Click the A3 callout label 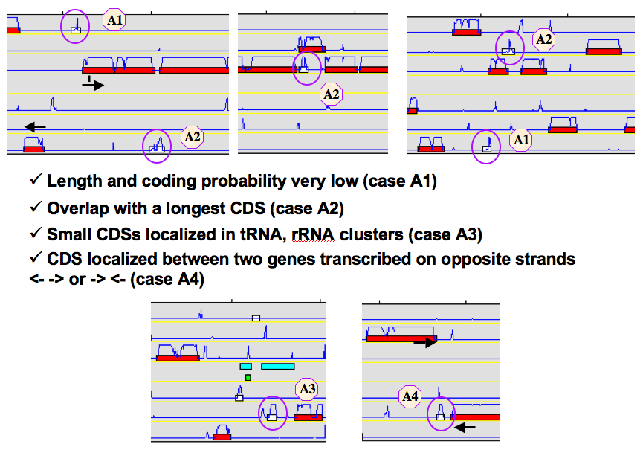pyautogui.click(x=307, y=388)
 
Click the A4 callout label pyautogui.click(x=410, y=396)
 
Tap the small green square pyautogui.click(x=248, y=377)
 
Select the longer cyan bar pyautogui.click(x=277, y=366)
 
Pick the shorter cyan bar pyautogui.click(x=245, y=366)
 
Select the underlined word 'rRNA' pyautogui.click(x=313, y=234)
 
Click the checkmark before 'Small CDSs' pyautogui.click(x=36, y=233)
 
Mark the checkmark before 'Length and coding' pyautogui.click(x=36, y=179)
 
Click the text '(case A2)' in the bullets pyautogui.click(x=307, y=209)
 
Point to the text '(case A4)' pyautogui.click(x=167, y=280)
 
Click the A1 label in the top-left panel pyautogui.click(x=114, y=19)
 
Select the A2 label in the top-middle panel pyautogui.click(x=331, y=94)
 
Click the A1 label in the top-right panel pyautogui.click(x=521, y=140)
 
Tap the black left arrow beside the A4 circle pyautogui.click(x=465, y=428)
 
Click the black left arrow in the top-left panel pyautogui.click(x=35, y=126)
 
